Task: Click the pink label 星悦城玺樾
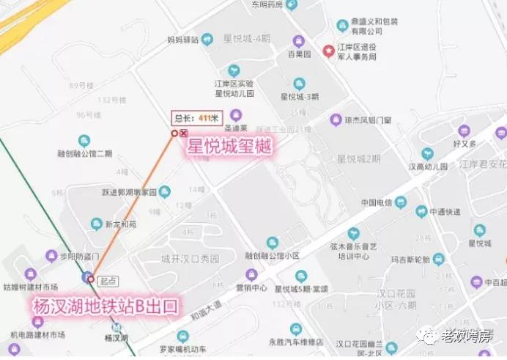coord(229,146)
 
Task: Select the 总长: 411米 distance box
coord(196,117)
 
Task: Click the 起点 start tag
coord(108,281)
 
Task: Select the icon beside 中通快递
coord(421,211)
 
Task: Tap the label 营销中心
coord(251,287)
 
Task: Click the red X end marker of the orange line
coord(183,133)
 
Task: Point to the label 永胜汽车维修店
coord(296,342)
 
